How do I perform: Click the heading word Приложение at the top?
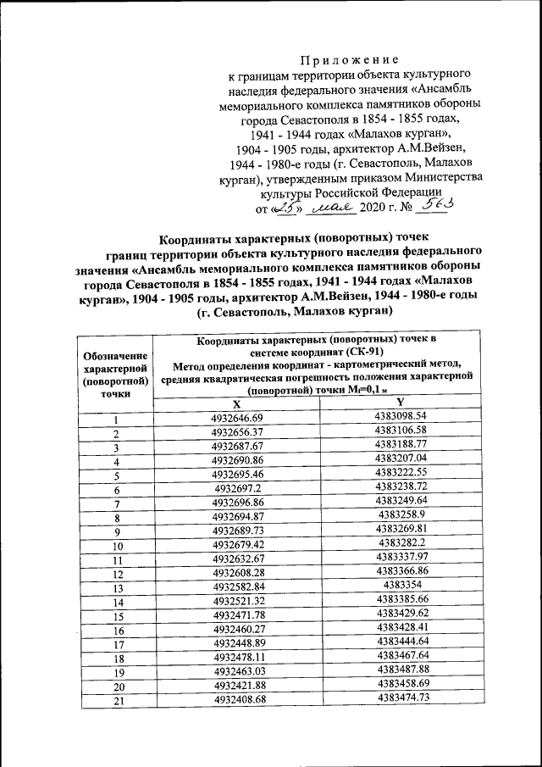349,60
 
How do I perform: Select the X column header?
236,404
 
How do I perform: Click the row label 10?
118,547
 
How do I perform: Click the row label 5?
118,475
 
